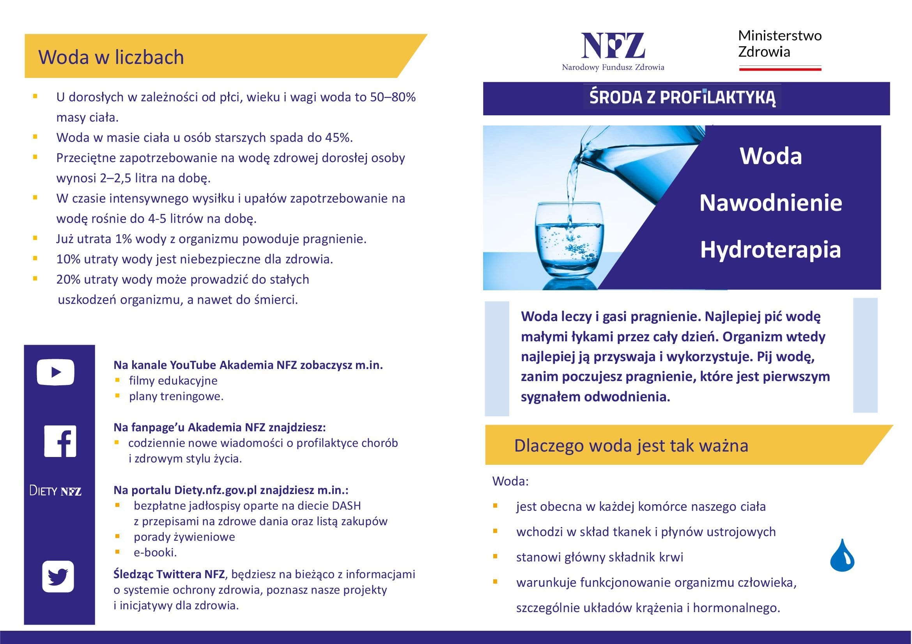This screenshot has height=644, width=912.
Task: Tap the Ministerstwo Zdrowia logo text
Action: [779, 44]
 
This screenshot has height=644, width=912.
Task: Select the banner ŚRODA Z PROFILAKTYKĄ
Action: [682, 97]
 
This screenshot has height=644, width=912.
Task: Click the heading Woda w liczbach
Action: [111, 57]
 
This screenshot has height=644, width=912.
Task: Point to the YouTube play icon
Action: [56, 372]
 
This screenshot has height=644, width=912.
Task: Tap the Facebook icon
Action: [60, 441]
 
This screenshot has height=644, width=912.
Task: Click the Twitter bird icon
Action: [58, 576]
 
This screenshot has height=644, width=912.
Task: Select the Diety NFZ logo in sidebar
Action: [55, 491]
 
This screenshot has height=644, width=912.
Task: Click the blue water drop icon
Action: [842, 556]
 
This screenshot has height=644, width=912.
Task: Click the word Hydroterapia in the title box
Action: [770, 250]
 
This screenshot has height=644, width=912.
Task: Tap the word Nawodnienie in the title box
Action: [770, 203]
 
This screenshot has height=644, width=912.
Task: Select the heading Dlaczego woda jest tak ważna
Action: [631, 446]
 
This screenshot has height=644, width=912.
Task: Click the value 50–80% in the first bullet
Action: [393, 97]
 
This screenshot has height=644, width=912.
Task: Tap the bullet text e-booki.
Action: [155, 552]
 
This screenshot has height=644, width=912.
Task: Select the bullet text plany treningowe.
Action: [176, 396]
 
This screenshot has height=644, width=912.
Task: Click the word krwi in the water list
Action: [671, 557]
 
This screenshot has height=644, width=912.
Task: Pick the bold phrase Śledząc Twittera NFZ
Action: [169, 574]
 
